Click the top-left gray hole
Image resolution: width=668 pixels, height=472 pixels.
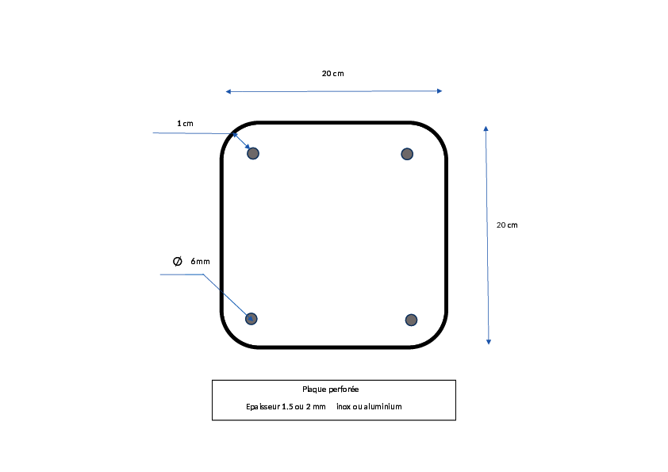[x=253, y=153]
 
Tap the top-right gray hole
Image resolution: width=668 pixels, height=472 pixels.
[x=407, y=154]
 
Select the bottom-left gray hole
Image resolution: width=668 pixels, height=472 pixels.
[x=251, y=319]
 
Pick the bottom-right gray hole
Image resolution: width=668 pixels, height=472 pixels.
[x=411, y=320]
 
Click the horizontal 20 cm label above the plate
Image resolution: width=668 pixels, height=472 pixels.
[x=332, y=74]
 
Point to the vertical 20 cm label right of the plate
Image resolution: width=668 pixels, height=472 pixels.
[x=507, y=225]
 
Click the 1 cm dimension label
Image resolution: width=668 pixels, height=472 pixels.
[x=186, y=124]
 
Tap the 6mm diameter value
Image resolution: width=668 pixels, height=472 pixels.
[x=200, y=261]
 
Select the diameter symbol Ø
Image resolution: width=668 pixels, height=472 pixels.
[x=178, y=261]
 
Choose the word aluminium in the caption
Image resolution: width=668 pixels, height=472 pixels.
[x=382, y=407]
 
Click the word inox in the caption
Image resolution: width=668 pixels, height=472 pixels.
[x=344, y=407]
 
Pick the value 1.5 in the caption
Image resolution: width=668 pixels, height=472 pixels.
[x=287, y=407]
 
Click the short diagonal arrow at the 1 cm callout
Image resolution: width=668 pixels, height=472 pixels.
[x=241, y=141]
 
